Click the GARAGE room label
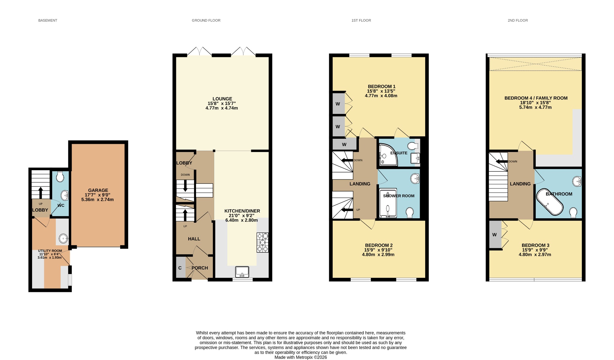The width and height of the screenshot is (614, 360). [x=98, y=190]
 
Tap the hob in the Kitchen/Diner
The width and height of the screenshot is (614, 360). [x=263, y=242]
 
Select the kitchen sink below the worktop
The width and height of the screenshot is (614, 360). [x=242, y=272]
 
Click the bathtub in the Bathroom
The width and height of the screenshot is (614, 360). [x=550, y=202]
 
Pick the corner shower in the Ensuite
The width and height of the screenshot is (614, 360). [x=388, y=155]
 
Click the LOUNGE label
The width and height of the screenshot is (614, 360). [x=222, y=99]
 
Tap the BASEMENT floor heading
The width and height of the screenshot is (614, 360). [x=48, y=20]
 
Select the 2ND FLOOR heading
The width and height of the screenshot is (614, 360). [x=518, y=20]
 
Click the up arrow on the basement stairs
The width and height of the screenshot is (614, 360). [x=40, y=192]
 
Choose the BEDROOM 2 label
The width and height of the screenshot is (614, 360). [x=379, y=245]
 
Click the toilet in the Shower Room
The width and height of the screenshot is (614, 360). [x=410, y=213]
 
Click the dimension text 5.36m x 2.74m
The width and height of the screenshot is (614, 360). [x=97, y=200]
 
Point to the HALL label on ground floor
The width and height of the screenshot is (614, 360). [x=194, y=239]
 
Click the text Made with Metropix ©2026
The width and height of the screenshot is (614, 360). [x=301, y=357]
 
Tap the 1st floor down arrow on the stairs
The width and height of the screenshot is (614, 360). [x=347, y=160]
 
